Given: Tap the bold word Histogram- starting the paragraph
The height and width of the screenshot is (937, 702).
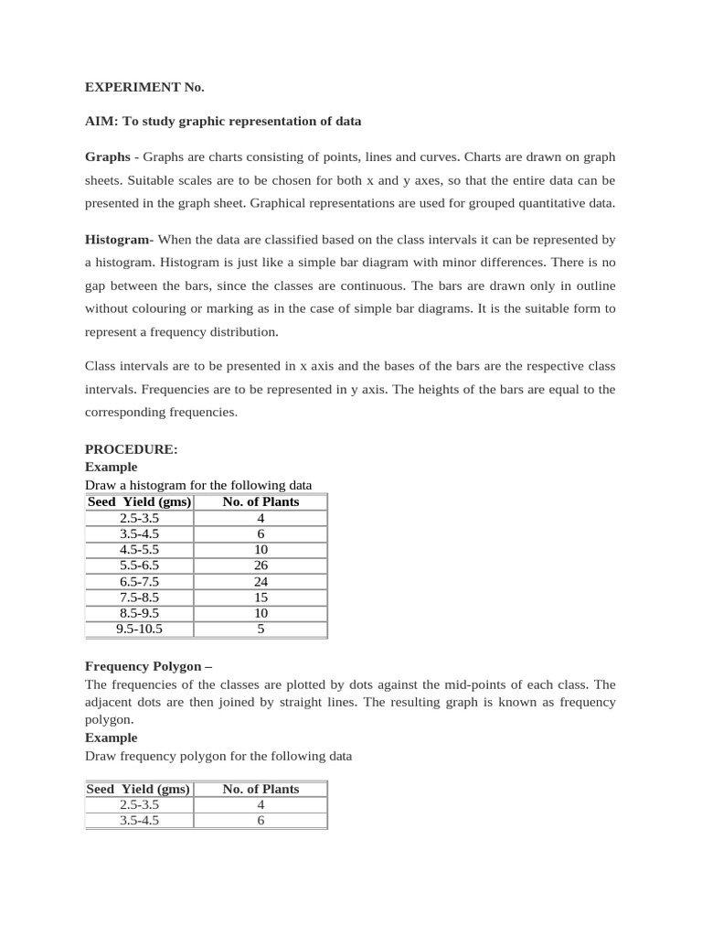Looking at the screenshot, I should pyautogui.click(x=119, y=240).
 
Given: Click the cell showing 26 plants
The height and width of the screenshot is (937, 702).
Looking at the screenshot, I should pyautogui.click(x=261, y=566).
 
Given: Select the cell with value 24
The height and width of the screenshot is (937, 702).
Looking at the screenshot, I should pyautogui.click(x=261, y=582).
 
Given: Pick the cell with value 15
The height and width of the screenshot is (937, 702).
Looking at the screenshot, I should pyautogui.click(x=261, y=598).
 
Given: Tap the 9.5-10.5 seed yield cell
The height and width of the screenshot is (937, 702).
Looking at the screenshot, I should pyautogui.click(x=139, y=629).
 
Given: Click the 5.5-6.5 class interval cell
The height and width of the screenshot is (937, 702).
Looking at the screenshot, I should pyautogui.click(x=139, y=566).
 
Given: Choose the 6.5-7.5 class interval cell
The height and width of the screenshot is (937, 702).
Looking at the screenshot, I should pyautogui.click(x=139, y=582).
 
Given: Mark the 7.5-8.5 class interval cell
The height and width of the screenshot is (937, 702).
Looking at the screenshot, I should pyautogui.click(x=139, y=598).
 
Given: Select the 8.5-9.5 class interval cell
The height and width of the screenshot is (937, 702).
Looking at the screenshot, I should pyautogui.click(x=139, y=613).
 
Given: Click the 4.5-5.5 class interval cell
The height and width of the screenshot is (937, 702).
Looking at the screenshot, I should pyautogui.click(x=139, y=550).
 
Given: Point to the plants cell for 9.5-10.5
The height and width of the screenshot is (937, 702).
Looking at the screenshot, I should pyautogui.click(x=261, y=629).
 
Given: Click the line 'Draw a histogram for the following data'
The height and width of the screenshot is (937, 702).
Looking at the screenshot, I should pyautogui.click(x=198, y=485).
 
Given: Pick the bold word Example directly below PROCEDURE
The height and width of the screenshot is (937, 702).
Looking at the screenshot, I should pyautogui.click(x=112, y=467).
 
